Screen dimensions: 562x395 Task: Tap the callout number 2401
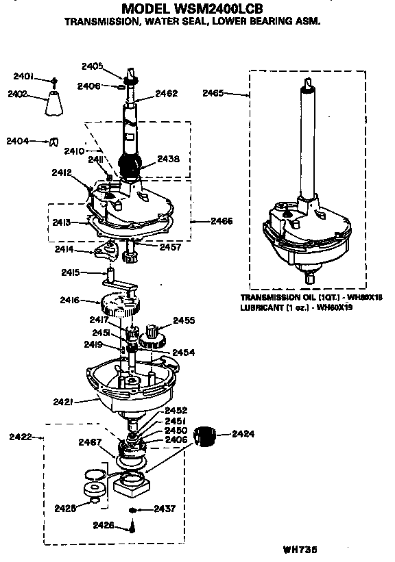coord(23,76)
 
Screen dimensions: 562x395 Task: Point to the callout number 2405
coord(92,66)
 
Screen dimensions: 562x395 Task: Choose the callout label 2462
coord(167,93)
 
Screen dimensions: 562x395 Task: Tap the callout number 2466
coord(222,220)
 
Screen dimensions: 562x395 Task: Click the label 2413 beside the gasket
coord(62,222)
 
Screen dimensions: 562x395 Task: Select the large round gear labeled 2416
coord(120,302)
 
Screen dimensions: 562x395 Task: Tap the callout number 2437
coord(165,509)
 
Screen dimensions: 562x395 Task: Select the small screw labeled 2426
coord(132,526)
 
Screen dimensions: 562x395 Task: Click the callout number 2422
coord(19,435)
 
